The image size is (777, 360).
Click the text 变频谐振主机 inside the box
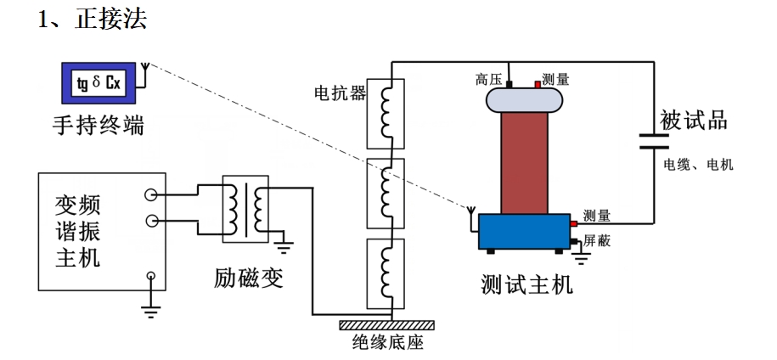[x=78, y=230]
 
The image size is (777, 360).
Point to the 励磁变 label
[x=248, y=277]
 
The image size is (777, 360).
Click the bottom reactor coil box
[x=386, y=273]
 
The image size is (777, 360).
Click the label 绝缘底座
[x=387, y=345]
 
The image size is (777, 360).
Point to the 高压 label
[x=487, y=80]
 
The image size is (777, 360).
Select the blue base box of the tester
[x=523, y=232]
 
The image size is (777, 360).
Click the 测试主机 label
[x=526, y=284]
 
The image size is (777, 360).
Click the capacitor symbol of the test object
[x=655, y=139]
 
